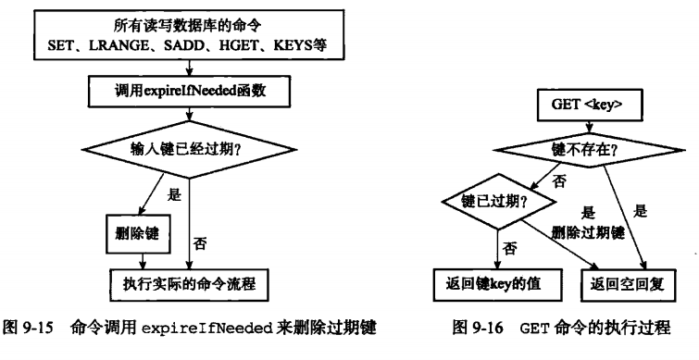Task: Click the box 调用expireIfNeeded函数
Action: point(189,91)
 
